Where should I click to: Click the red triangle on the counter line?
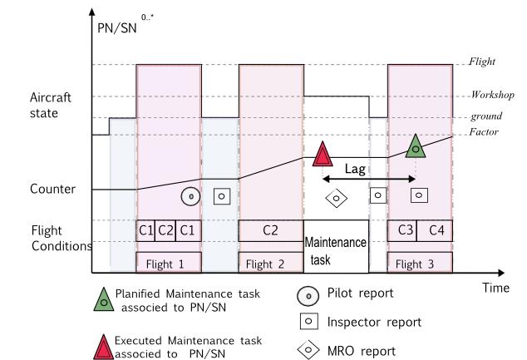click(x=323, y=155)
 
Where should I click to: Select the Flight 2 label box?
click(x=270, y=263)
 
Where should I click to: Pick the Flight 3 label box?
click(x=420, y=263)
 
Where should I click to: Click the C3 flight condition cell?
click(x=404, y=230)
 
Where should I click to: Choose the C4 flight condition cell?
click(x=436, y=230)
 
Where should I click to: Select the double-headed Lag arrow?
click(x=369, y=179)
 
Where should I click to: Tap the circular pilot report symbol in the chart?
click(x=190, y=196)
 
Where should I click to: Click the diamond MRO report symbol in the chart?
click(x=336, y=197)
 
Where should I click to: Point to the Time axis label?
click(x=495, y=287)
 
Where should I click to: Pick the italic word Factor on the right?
click(x=483, y=133)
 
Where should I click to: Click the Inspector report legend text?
click(x=372, y=321)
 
